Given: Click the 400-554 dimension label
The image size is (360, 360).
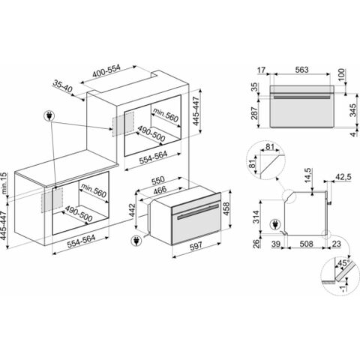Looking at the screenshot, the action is tap(106, 71).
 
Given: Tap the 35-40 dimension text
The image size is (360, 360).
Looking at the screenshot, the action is tap(62, 85).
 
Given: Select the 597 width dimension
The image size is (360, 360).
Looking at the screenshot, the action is tap(196, 246).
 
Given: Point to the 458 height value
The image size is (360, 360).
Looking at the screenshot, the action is tap(225, 208).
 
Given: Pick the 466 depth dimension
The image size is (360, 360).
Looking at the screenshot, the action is tap(160, 190).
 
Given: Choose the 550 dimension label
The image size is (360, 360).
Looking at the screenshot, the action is tap(157, 180).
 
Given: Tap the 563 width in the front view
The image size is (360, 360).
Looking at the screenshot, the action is tap(301, 70).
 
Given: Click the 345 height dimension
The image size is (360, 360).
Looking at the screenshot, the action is tap(352, 110).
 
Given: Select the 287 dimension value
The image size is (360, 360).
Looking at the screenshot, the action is tap(254, 113).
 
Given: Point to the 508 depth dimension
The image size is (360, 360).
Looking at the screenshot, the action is tap(306, 244).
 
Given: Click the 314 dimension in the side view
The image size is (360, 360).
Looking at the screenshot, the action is tap(256, 217).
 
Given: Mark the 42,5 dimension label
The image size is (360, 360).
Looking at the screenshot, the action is tap(343, 177).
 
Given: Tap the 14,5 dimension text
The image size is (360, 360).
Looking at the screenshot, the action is tap(308, 175).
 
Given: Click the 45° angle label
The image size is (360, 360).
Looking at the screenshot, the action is tap(343, 262).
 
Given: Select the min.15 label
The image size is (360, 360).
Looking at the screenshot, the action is tap(4, 183).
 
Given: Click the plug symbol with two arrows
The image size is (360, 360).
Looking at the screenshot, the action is tap(49, 115).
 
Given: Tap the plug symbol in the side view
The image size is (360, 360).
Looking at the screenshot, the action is tap(275, 224).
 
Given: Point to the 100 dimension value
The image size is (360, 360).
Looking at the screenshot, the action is tap(342, 74).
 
